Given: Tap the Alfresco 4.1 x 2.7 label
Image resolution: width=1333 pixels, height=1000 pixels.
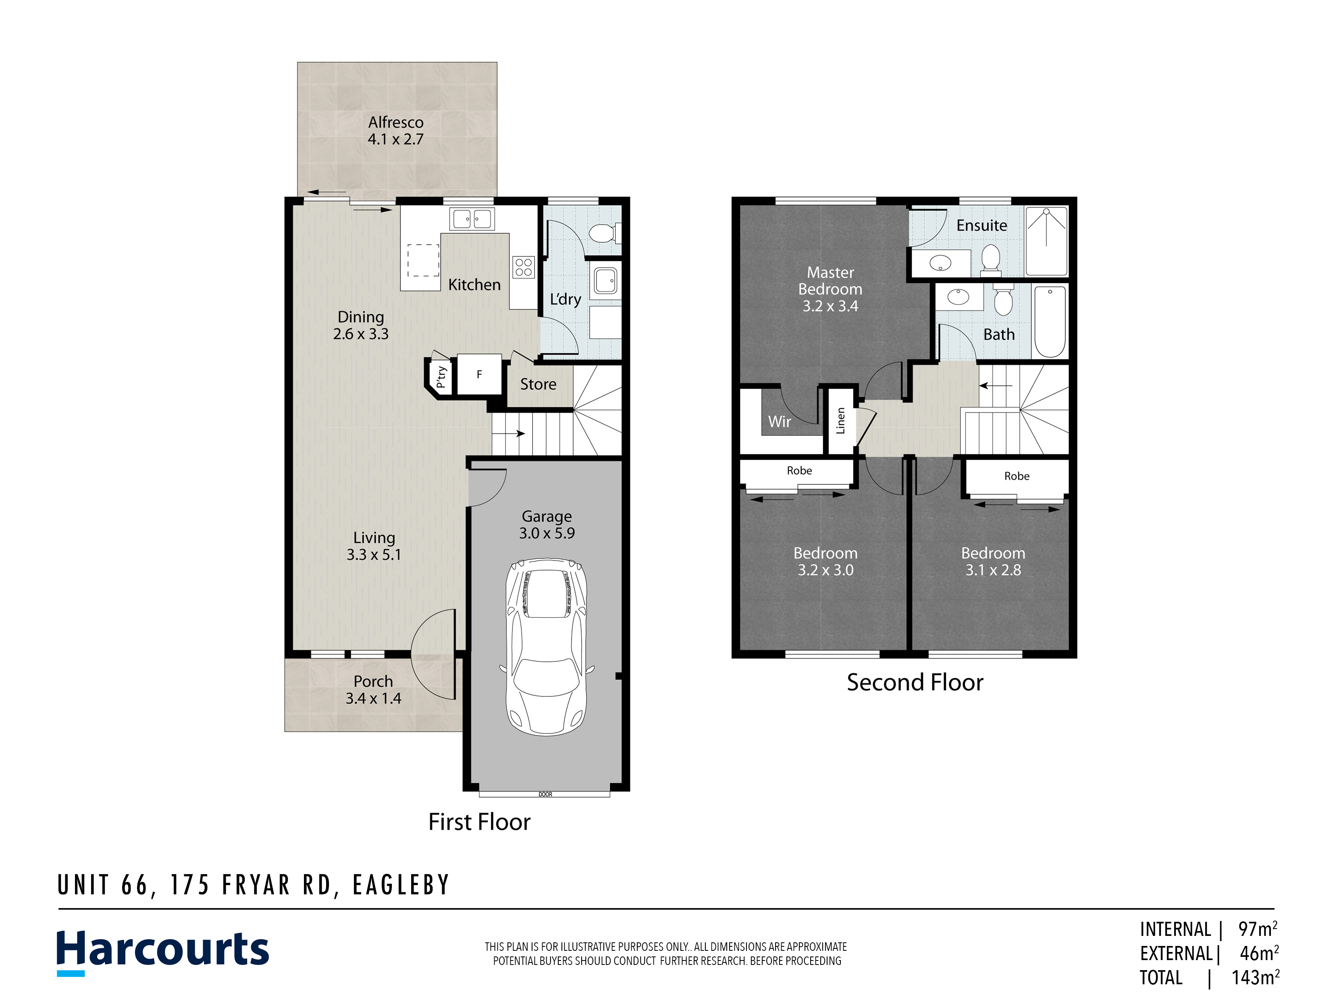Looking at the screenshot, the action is tap(396, 131).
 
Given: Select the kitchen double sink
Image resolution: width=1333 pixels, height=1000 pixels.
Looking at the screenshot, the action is tap(472, 219).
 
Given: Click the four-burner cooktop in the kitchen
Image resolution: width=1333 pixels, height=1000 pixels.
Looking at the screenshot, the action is tap(523, 267).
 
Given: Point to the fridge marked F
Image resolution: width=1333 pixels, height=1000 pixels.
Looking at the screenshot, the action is tap(480, 374).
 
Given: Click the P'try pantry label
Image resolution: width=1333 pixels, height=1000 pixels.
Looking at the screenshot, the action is tap(441, 377).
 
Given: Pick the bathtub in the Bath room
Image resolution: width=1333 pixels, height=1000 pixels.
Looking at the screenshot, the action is tap(1050, 322).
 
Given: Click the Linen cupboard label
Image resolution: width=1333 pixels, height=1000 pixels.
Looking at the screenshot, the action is tap(841, 421).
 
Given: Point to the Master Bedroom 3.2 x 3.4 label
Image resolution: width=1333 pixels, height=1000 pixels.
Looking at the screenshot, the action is tap(830, 290).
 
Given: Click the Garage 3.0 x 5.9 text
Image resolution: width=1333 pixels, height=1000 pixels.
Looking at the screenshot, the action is tap(547, 525).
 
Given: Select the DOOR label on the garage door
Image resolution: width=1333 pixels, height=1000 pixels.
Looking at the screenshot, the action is tap(545, 794).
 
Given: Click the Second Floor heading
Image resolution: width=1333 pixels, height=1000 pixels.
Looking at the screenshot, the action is tap(915, 682).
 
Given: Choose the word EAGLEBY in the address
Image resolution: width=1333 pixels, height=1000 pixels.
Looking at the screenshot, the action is tap(401, 885).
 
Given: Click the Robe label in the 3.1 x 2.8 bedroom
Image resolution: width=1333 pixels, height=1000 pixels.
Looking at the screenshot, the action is tap(1017, 476).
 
